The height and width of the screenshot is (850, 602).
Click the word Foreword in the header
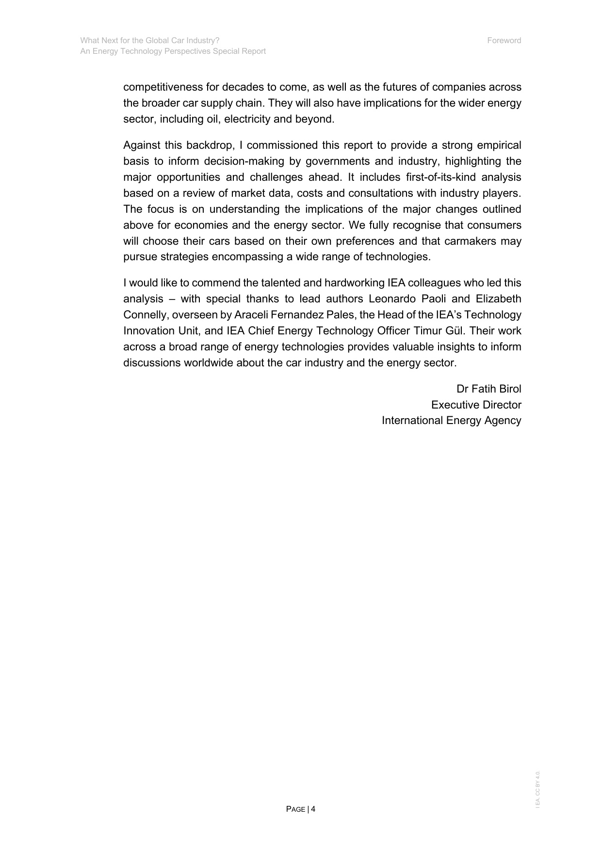pos(504,41)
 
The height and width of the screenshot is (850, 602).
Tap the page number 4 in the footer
pos(313,809)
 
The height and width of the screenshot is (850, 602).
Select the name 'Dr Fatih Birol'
pos(488,389)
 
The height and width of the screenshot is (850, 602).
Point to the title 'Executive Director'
pos(476,405)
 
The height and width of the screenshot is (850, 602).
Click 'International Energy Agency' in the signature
pos(451,421)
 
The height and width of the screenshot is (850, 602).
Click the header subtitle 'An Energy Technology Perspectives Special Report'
pos(173,51)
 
